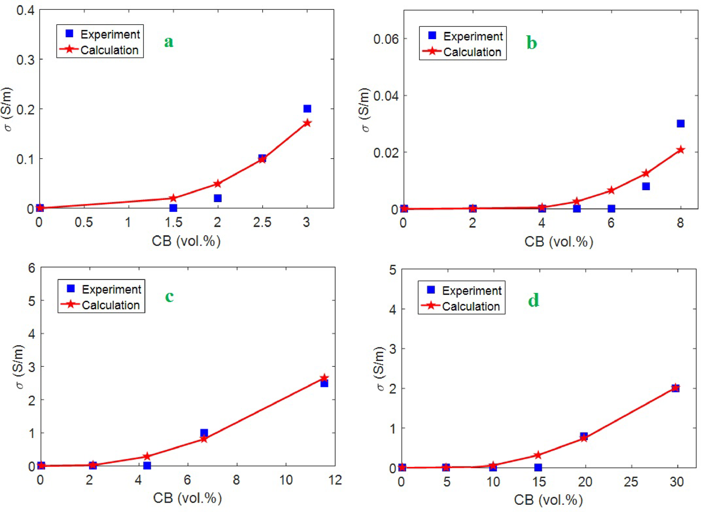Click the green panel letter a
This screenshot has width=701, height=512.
169,42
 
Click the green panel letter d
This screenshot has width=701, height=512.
533,301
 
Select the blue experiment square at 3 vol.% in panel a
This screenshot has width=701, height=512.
307,109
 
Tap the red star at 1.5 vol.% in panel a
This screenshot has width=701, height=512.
173,198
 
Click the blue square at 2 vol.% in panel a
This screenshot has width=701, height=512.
217,198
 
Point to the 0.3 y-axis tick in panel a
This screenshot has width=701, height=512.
25,60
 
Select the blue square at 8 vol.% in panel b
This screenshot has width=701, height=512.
680,124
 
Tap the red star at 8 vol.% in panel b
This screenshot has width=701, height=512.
680,150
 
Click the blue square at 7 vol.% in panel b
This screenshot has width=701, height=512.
646,186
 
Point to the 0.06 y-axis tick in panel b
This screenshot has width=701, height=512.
386,39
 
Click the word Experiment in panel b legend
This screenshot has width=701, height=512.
473,37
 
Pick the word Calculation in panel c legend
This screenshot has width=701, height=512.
111,305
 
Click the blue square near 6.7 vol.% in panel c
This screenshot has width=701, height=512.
204,433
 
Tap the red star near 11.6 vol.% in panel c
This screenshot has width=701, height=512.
324,378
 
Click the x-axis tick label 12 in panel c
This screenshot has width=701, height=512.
335,481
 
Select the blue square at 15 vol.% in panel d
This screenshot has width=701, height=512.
538,467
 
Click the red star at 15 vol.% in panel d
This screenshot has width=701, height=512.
538,455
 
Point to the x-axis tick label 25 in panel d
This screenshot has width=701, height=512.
631,482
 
